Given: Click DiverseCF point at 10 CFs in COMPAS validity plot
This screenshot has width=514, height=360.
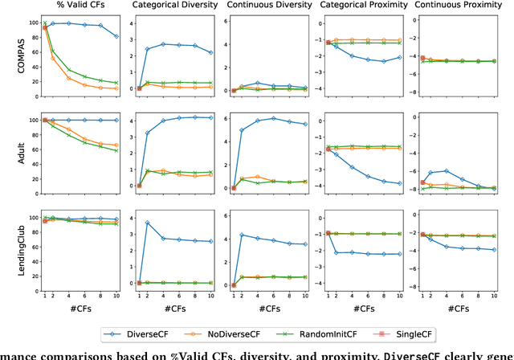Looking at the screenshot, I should click(116, 37).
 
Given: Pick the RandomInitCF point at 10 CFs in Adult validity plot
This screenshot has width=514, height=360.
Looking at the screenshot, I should click(116, 150).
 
